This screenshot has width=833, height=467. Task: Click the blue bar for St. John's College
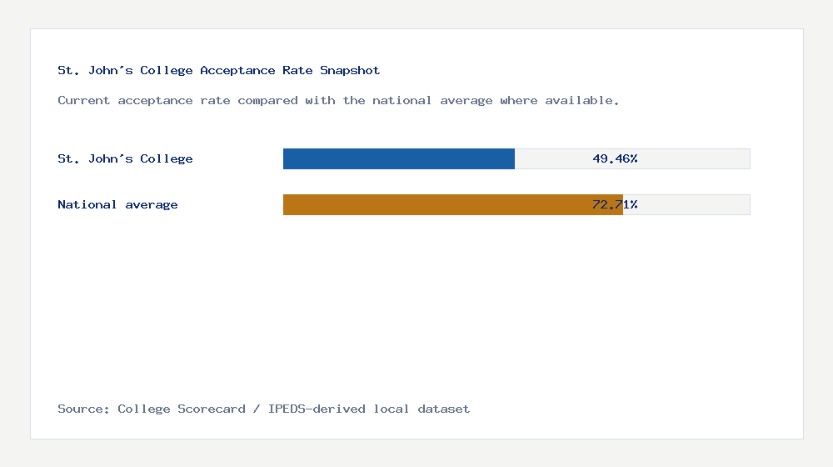[x=398, y=158]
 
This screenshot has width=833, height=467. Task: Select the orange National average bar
[x=452, y=204]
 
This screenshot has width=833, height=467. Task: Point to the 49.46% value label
[x=615, y=158]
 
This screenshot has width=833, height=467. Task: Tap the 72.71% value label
[x=615, y=204]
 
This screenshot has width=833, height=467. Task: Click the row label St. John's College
[x=125, y=158]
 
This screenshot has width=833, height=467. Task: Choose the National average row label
[x=117, y=204]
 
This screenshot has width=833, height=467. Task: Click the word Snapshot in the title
[x=350, y=71]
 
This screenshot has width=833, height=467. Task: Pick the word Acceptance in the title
[x=237, y=71]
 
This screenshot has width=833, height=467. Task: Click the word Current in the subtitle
[x=83, y=100]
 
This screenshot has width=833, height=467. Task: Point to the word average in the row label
[x=152, y=204]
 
